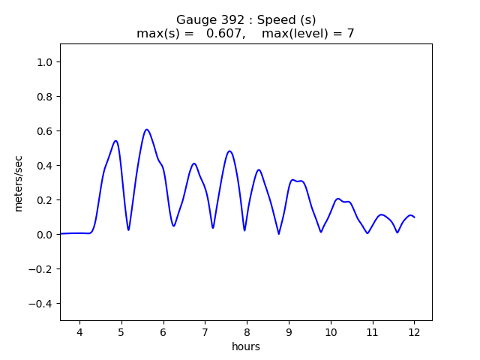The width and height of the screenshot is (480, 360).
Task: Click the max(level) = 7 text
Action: pyautogui.click(x=307, y=34)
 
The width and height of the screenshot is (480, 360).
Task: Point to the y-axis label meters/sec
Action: pyautogui.click(x=19, y=181)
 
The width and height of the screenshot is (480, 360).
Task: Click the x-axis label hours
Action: pyautogui.click(x=246, y=346)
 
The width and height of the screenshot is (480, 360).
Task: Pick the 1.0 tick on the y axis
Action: pyautogui.click(x=44, y=62)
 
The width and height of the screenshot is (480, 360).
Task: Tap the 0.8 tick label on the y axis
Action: pyautogui.click(x=44, y=97)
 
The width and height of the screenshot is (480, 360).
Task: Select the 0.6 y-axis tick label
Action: pyautogui.click(x=44, y=131)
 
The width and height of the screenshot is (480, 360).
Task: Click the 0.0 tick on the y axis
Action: pyautogui.click(x=44, y=235)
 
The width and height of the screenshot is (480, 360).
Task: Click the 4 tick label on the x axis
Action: pyautogui.click(x=79, y=332)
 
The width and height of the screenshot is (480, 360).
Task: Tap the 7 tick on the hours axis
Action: pyautogui.click(x=205, y=332)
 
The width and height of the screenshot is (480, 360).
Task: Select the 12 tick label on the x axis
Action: pyautogui.click(x=414, y=332)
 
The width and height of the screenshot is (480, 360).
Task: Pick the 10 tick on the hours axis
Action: pyautogui.click(x=330, y=332)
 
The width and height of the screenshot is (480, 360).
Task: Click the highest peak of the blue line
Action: pyautogui.click(x=147, y=130)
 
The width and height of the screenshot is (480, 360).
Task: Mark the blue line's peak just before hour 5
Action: pyautogui.click(x=115, y=141)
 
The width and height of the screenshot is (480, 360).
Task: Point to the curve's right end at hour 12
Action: pyautogui.click(x=414, y=217)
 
